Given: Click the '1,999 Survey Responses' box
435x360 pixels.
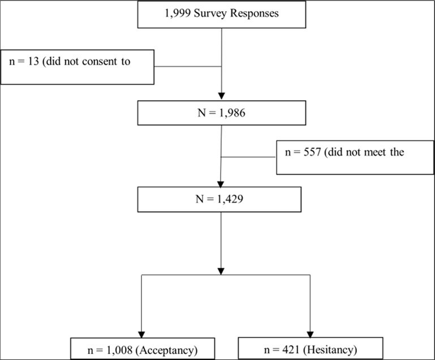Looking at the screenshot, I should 221,15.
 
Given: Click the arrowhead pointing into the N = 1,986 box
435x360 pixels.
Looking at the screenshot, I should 221,95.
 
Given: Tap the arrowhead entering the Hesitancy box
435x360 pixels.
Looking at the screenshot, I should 311,332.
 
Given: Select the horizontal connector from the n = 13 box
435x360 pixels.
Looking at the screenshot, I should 187,66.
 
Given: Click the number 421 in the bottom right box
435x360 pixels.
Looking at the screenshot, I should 288,348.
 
